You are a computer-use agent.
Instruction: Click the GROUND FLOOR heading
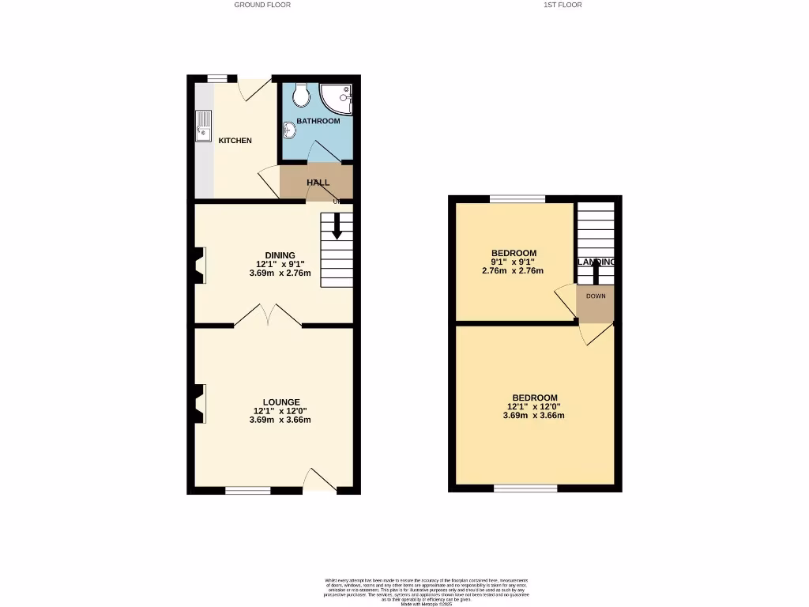(262, 5)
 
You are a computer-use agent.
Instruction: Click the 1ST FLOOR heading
(563, 5)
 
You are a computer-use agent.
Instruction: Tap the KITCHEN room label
(235, 141)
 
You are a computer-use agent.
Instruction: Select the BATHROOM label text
(318, 121)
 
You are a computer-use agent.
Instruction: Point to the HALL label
(318, 183)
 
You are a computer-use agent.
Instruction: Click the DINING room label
(280, 254)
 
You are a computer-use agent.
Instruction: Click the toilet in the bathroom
(300, 96)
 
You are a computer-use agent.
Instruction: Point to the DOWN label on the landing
(596, 296)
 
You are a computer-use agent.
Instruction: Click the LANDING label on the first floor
(596, 262)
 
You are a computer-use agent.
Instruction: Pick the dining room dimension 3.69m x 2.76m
(280, 273)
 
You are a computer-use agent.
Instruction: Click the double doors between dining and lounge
(268, 315)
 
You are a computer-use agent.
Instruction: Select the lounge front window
(248, 490)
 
